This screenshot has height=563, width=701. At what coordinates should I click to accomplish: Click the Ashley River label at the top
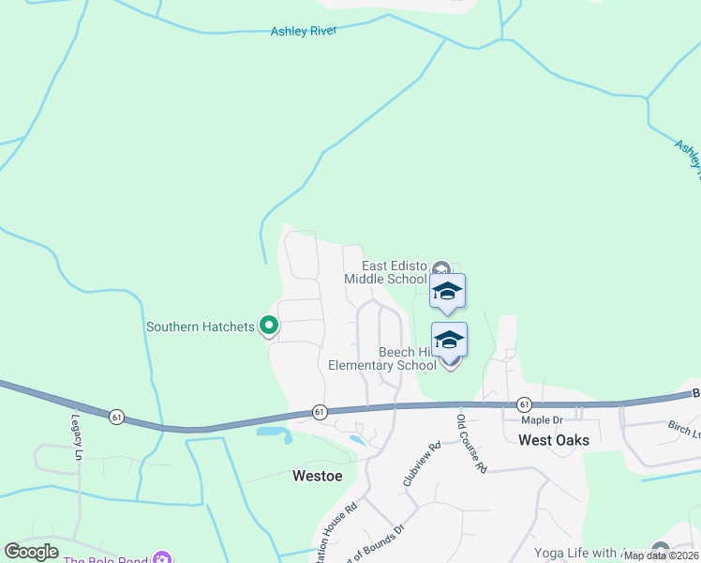pyautogui.click(x=303, y=31)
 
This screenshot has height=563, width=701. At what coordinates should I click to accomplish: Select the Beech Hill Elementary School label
pyautogui.click(x=381, y=358)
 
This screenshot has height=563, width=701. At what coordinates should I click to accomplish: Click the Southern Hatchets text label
pyautogui.click(x=200, y=327)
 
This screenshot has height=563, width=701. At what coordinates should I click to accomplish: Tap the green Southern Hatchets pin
pyautogui.click(x=268, y=326)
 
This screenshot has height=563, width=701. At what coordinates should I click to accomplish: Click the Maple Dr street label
pyautogui.click(x=541, y=420)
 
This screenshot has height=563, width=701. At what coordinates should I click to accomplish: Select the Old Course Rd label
pyautogui.click(x=472, y=443)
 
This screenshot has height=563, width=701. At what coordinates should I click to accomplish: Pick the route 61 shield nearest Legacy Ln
pyautogui.click(x=116, y=416)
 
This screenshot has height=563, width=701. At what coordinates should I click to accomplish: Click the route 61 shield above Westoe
pyautogui.click(x=320, y=411)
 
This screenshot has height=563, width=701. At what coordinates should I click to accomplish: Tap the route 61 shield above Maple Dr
pyautogui.click(x=523, y=404)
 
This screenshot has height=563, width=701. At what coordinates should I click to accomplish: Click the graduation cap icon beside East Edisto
pyautogui.click(x=448, y=290)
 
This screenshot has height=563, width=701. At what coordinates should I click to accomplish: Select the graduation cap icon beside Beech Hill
pyautogui.click(x=449, y=339)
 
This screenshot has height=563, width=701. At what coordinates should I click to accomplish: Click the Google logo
pyautogui.click(x=31, y=552)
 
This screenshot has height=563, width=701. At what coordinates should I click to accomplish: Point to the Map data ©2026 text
pyautogui.click(x=662, y=555)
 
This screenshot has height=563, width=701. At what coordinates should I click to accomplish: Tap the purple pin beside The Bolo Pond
pyautogui.click(x=160, y=559)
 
